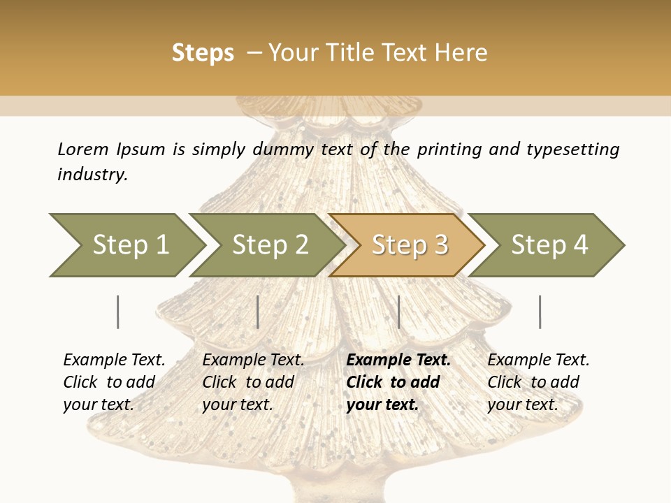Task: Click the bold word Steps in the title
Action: pyautogui.click(x=203, y=53)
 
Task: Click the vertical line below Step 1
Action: pyautogui.click(x=117, y=312)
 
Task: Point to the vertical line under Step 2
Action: pyautogui.click(x=258, y=312)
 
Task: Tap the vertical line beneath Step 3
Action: pyautogui.click(x=398, y=312)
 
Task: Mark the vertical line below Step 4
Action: pyautogui.click(x=540, y=312)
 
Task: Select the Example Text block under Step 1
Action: pyautogui.click(x=113, y=382)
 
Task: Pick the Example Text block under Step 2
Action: pyautogui.click(x=252, y=382)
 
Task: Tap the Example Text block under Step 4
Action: pyautogui.click(x=537, y=382)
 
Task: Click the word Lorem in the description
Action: pyautogui.click(x=83, y=149)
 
